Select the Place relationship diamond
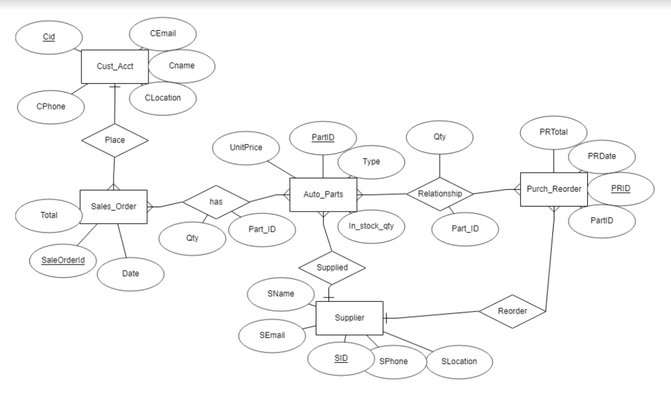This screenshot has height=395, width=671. (115, 140)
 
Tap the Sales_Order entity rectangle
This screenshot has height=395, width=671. (113, 207)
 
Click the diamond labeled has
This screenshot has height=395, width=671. (216, 201)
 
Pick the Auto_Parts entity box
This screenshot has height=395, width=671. (323, 194)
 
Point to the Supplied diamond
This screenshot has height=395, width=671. (332, 268)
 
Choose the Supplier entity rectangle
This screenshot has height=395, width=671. (349, 318)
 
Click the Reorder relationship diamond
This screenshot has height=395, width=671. (512, 310)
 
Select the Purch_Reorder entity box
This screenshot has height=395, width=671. (554, 190)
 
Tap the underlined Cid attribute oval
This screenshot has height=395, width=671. (49, 37)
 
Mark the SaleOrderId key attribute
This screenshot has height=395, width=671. (64, 260)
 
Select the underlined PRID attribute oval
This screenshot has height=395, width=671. (620, 188)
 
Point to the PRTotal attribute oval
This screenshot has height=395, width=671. (554, 133)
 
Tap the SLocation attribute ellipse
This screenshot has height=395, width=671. (459, 361)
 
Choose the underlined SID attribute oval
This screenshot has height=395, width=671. (341, 358)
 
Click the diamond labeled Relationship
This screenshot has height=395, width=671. (440, 194)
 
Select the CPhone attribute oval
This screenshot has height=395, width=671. (50, 106)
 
